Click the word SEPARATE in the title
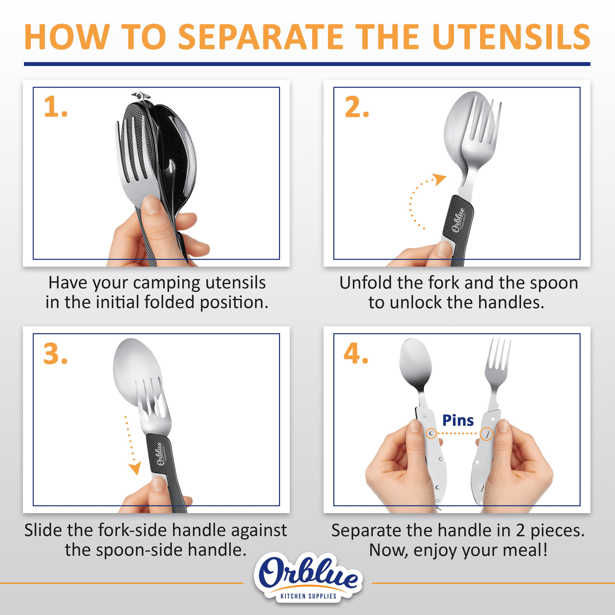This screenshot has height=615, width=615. pyautogui.click(x=260, y=37)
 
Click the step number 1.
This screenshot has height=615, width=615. pyautogui.click(x=55, y=107)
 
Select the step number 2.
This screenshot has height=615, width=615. pyautogui.click(x=356, y=107)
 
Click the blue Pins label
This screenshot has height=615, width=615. pyautogui.click(x=458, y=420)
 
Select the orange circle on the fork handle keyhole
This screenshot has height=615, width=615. pyautogui.click(x=486, y=434)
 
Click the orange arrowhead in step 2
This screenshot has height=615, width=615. pyautogui.click(x=439, y=179)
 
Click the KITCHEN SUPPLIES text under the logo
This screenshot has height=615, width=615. pyautogui.click(x=308, y=596)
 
